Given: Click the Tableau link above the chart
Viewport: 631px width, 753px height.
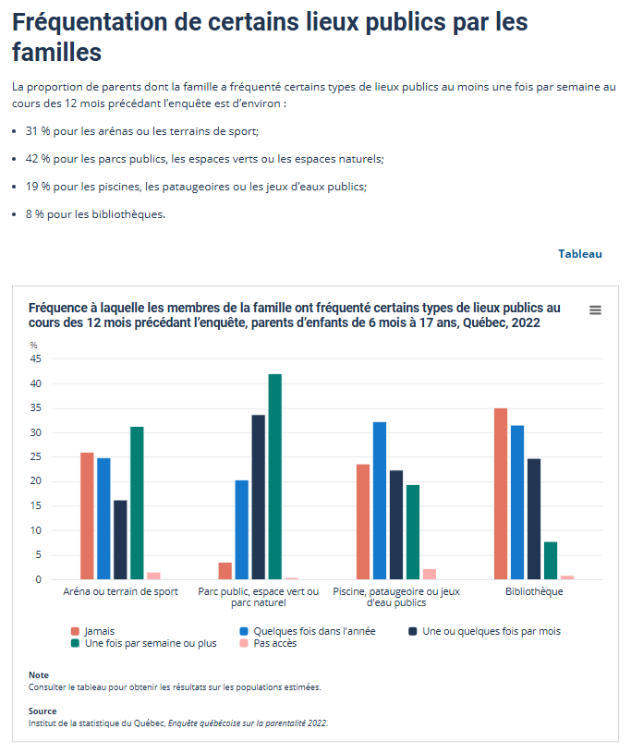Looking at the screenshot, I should click(x=579, y=254).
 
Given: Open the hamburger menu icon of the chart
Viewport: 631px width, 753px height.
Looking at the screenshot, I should click(x=596, y=310).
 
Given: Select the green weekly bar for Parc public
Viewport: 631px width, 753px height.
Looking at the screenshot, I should click(x=274, y=477).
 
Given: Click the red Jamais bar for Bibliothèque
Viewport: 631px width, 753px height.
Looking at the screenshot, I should click(x=501, y=493).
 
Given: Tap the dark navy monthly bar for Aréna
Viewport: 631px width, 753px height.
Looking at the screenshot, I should click(x=120, y=540).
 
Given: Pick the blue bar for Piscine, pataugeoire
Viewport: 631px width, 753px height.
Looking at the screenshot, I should click(x=380, y=501).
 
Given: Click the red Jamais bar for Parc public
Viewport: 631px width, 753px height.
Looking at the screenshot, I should click(x=224, y=571).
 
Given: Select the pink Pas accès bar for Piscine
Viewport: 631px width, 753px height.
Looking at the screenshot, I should click(x=430, y=574).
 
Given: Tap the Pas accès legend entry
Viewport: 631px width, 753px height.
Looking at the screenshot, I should click(x=274, y=643).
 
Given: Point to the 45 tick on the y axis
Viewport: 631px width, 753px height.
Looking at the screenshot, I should click(x=36, y=358).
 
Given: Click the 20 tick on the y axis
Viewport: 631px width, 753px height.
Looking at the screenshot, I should click(x=36, y=481).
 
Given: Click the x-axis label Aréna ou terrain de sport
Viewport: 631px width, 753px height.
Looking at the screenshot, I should click(x=120, y=591).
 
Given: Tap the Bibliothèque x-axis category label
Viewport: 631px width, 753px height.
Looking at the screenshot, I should click(x=534, y=591).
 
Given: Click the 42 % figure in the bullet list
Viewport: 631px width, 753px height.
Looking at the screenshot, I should click(x=39, y=159).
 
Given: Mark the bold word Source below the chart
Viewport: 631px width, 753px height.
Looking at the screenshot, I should click(x=42, y=711).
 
